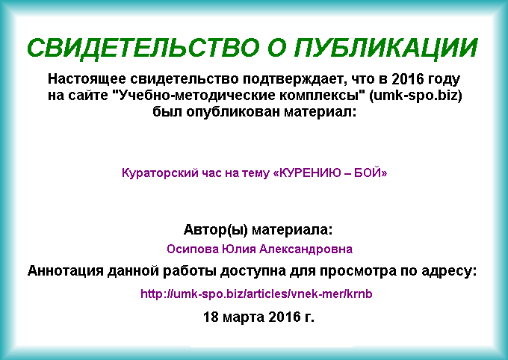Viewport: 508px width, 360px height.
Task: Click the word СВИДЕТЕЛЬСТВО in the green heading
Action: (x=143, y=48)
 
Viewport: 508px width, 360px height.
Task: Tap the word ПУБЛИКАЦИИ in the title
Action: (x=386, y=49)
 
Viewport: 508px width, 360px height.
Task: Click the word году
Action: (x=444, y=79)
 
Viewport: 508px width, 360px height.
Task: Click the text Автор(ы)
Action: (x=216, y=230)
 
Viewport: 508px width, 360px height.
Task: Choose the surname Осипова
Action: (x=193, y=249)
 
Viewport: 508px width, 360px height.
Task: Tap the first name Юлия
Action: (x=239, y=249)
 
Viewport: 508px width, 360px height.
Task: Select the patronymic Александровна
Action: (x=306, y=249)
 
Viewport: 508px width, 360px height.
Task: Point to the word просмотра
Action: (x=358, y=271)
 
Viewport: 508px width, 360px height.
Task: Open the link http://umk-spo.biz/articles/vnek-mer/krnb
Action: (x=256, y=294)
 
